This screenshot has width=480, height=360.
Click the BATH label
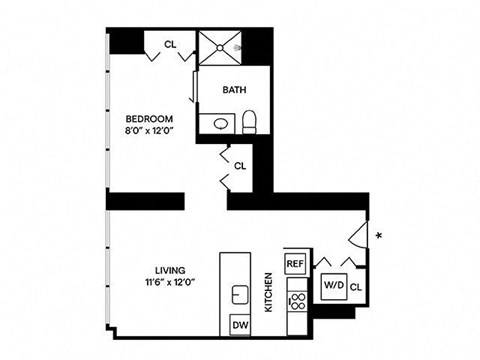(x=234, y=89)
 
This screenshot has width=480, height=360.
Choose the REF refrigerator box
(x=295, y=262)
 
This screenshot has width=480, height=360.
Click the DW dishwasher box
(x=240, y=325)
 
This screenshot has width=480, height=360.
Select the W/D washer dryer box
(x=332, y=285)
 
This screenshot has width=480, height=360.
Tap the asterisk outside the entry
(x=378, y=237)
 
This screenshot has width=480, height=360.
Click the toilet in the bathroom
(x=251, y=122)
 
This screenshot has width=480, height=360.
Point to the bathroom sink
(x=219, y=123)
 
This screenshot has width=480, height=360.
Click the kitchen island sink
(x=240, y=294)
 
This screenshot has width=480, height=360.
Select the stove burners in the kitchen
(x=296, y=300)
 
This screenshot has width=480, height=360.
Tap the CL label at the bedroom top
(x=170, y=43)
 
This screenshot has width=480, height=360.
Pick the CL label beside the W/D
(x=356, y=287)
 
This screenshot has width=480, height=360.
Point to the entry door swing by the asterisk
(x=358, y=234)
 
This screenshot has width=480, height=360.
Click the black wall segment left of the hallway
(x=144, y=201)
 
